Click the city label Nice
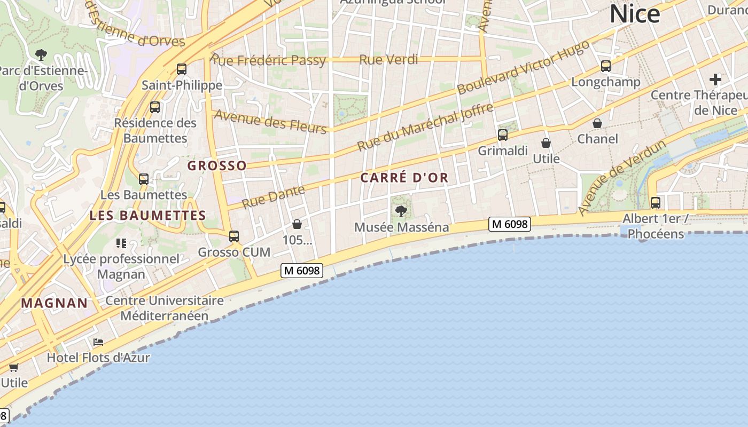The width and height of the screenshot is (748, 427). click(x=635, y=14)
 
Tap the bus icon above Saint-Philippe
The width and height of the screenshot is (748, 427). click(x=182, y=69)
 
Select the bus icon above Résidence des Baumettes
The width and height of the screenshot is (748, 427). click(x=155, y=107)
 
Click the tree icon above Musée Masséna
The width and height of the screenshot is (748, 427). click(x=401, y=211)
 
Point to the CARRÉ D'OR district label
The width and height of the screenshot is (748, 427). click(x=404, y=178)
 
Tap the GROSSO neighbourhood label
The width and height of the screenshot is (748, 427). click(x=217, y=165)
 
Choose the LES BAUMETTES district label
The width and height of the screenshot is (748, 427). click(x=147, y=216)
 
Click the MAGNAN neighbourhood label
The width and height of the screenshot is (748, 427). click(x=54, y=303)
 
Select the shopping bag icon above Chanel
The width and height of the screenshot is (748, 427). click(x=597, y=123)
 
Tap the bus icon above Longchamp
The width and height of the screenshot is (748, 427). click(x=606, y=66)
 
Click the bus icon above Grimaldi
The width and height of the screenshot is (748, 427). click(x=503, y=135)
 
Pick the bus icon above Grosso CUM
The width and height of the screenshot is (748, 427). click(x=234, y=236)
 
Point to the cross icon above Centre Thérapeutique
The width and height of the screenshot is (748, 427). click(x=715, y=80)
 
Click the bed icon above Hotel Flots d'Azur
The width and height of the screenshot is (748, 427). click(x=98, y=342)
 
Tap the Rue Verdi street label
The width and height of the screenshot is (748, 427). click(x=388, y=59)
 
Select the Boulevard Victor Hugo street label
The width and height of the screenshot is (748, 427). click(x=524, y=67)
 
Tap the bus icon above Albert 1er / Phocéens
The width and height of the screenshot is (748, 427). click(x=656, y=203)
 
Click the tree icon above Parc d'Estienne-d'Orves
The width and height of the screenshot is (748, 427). click(x=41, y=54)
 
